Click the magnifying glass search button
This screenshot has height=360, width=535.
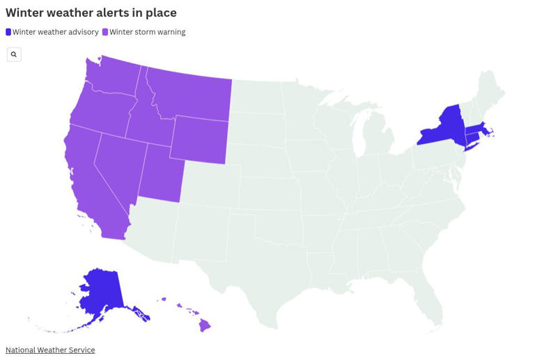click(14, 54)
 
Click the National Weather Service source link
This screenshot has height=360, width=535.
click(50, 350)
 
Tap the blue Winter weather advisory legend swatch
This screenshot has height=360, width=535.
click(8, 32)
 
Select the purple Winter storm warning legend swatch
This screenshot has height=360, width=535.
click(105, 32)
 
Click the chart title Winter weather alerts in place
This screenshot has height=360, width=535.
click(91, 13)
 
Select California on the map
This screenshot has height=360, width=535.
click(91, 181)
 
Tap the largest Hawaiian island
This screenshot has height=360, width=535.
click(205, 325)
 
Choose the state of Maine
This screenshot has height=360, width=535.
click(491, 91)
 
